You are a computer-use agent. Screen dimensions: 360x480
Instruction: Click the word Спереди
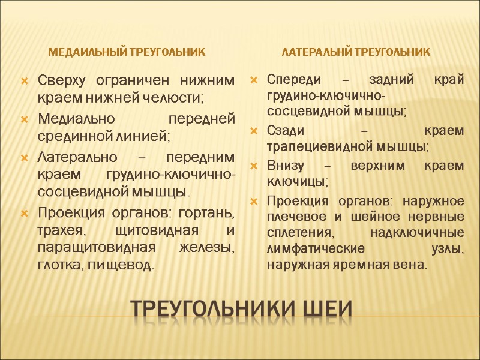[x=293, y=81]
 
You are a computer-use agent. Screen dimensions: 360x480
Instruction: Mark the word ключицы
[x=292, y=181]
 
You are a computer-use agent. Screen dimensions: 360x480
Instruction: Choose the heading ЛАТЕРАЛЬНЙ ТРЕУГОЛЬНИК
[x=356, y=52]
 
